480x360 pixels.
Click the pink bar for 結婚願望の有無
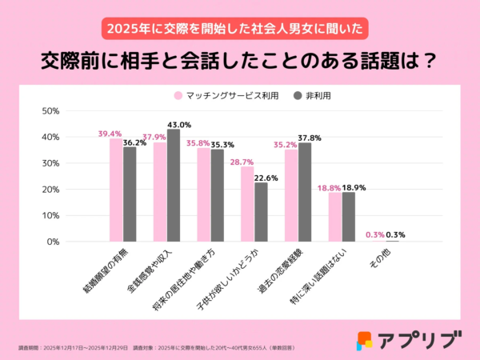116,190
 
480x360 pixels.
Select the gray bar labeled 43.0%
174,186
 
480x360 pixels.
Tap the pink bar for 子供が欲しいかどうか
247,204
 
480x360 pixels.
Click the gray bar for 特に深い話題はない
348,217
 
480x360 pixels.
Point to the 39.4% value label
110,134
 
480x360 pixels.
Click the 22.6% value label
266,178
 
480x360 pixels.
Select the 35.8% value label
197,143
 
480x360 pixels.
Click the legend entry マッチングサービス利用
223,95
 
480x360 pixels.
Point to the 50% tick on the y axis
50,111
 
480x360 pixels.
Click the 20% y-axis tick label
50,190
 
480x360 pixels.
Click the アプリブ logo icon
365,339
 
